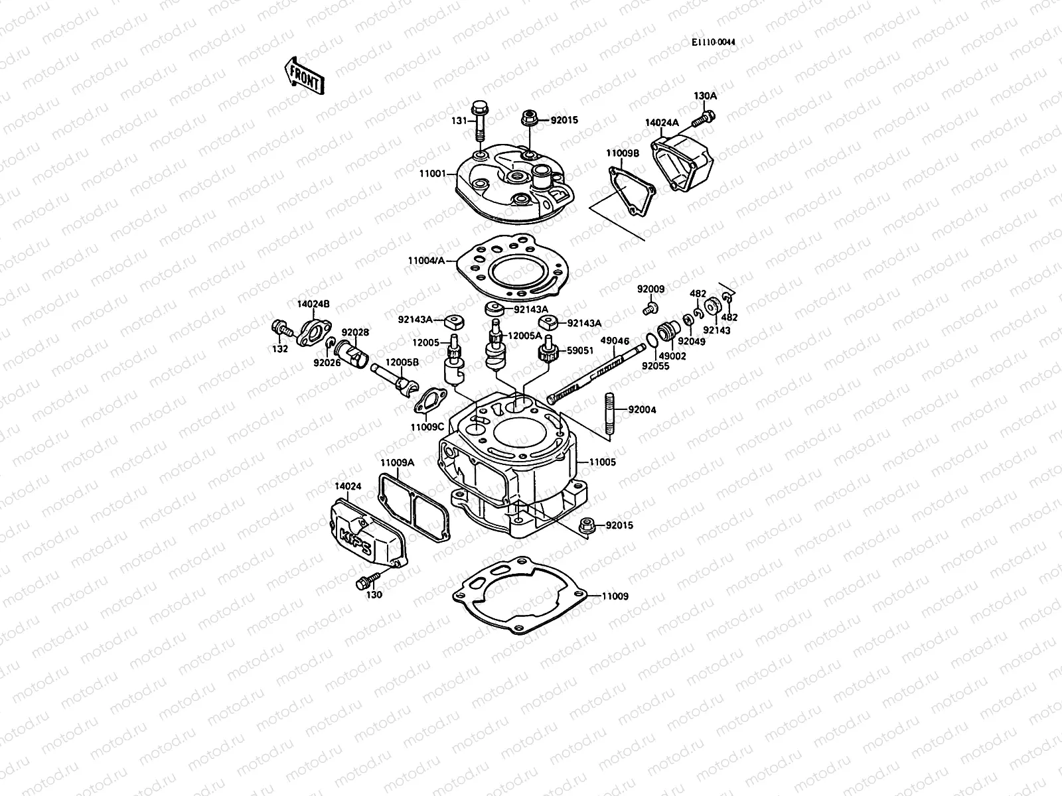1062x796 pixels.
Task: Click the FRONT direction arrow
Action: pos(304,75)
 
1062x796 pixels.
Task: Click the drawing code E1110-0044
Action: pos(713,42)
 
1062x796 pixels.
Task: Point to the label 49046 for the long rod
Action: pos(614,341)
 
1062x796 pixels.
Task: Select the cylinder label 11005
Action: pos(602,462)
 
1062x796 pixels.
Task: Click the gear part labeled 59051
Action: pos(547,352)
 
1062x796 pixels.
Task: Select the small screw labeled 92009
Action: pos(650,307)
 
